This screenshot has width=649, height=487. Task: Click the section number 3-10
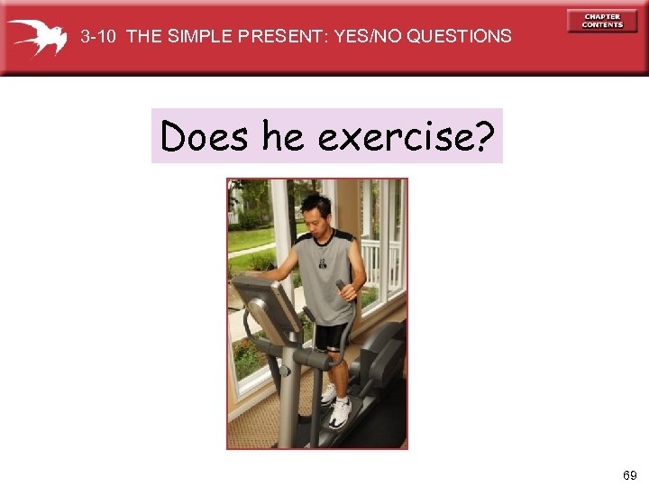click(x=99, y=37)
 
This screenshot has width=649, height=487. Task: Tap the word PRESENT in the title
click(x=281, y=37)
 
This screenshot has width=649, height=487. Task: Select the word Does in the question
click(x=204, y=137)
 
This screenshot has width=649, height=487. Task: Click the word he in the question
click(x=284, y=137)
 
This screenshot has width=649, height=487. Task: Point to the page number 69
click(x=628, y=474)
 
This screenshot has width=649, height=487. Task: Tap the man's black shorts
click(x=332, y=336)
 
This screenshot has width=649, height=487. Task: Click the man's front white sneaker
click(x=340, y=413)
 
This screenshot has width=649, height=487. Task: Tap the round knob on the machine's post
click(x=284, y=370)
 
